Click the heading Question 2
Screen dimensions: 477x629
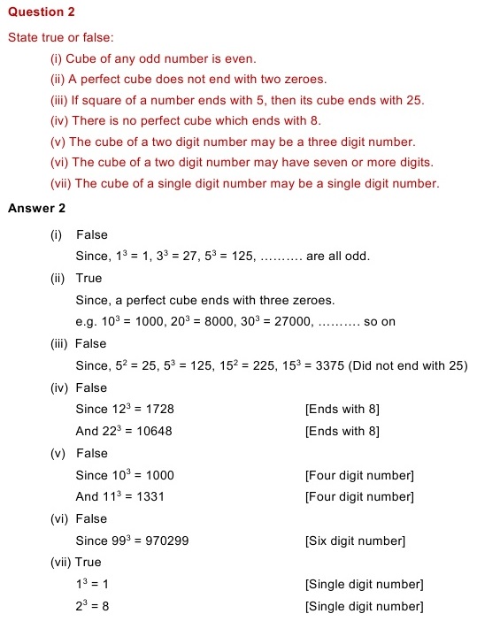[42, 13]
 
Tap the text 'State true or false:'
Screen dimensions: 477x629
[60, 38]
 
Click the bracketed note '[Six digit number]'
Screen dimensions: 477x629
[354, 541]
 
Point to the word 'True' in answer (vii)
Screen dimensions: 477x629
[88, 562]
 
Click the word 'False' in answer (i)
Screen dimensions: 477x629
[92, 234]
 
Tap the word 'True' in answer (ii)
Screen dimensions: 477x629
[89, 279]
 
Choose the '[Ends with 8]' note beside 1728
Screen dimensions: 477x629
[342, 410]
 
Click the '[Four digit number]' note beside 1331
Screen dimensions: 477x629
[358, 497]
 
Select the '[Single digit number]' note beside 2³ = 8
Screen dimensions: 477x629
[364, 606]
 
